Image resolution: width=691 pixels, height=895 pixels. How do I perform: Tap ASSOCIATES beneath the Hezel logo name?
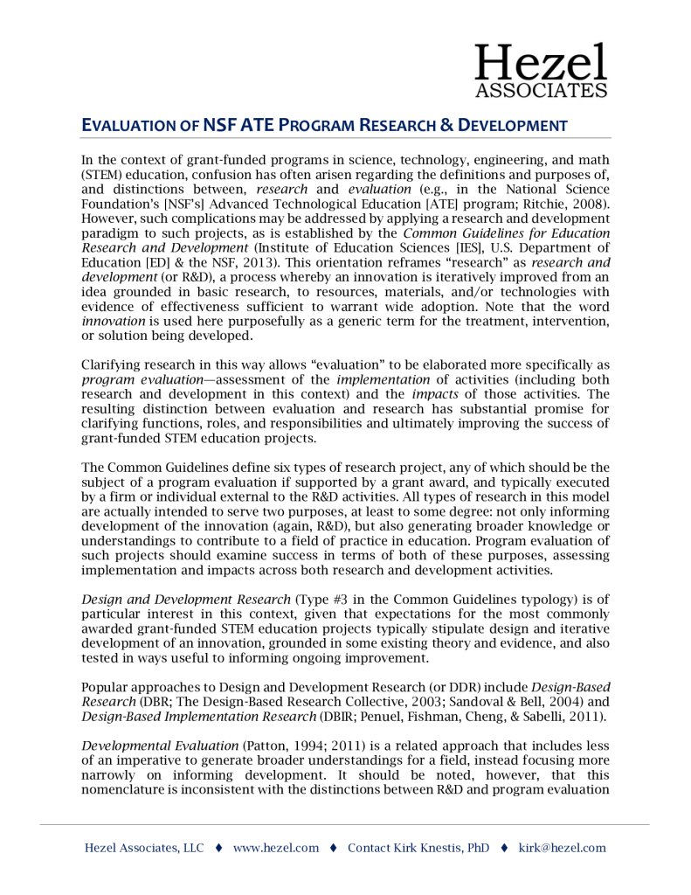point(541,89)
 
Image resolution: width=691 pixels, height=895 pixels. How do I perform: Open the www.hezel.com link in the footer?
point(275,848)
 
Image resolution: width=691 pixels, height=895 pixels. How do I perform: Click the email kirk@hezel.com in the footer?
point(562,848)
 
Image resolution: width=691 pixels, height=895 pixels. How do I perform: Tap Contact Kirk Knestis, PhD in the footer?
point(418,848)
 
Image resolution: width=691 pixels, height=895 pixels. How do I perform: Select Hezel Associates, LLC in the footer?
point(143,848)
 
